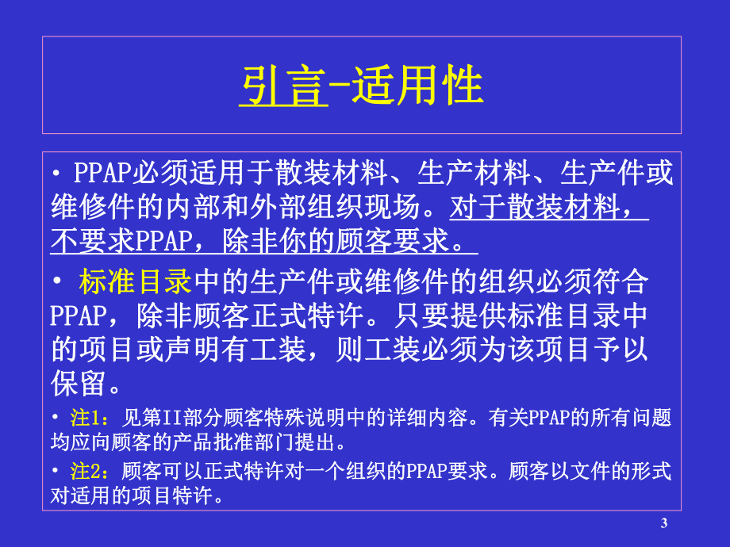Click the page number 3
pyautogui.click(x=663, y=522)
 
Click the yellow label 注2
pyautogui.click(x=87, y=472)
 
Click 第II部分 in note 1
pyautogui.click(x=171, y=419)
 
